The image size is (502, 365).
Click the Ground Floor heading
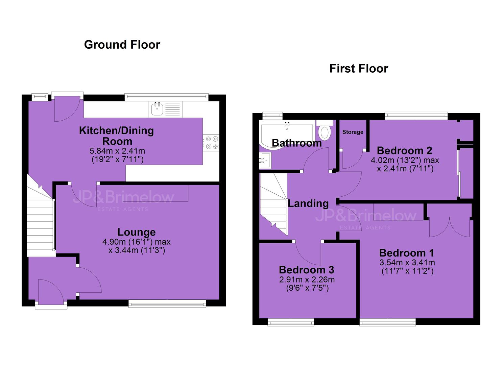pos(122,45)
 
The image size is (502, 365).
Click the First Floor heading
pos(359,69)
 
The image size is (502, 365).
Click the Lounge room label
pos(137,233)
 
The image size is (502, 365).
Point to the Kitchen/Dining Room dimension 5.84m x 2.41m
pos(117,151)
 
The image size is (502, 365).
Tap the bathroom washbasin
pos(266,160)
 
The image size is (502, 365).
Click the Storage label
pos(353,132)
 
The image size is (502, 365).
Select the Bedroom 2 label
pos(405,151)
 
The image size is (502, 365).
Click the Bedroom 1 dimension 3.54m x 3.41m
pos(407,262)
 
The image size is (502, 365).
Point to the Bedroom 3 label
pos(307,270)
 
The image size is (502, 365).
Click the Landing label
pos(308,203)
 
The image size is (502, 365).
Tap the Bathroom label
pos(297,143)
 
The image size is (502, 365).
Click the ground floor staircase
pos(40,218)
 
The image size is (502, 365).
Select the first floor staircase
pos(273,204)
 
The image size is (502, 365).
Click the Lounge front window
pos(167,303)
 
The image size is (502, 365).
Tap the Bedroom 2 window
pos(416,116)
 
